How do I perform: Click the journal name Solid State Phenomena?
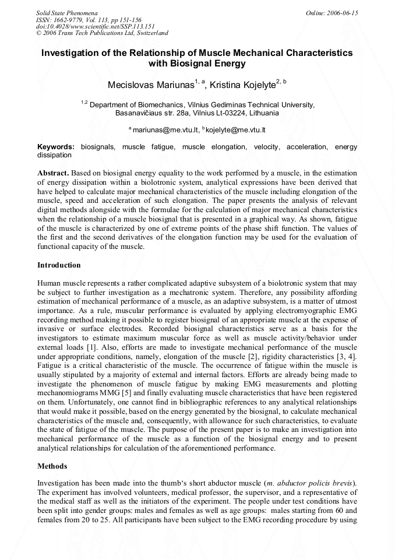66,12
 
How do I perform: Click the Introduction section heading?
59,265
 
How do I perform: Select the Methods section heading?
52,466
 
